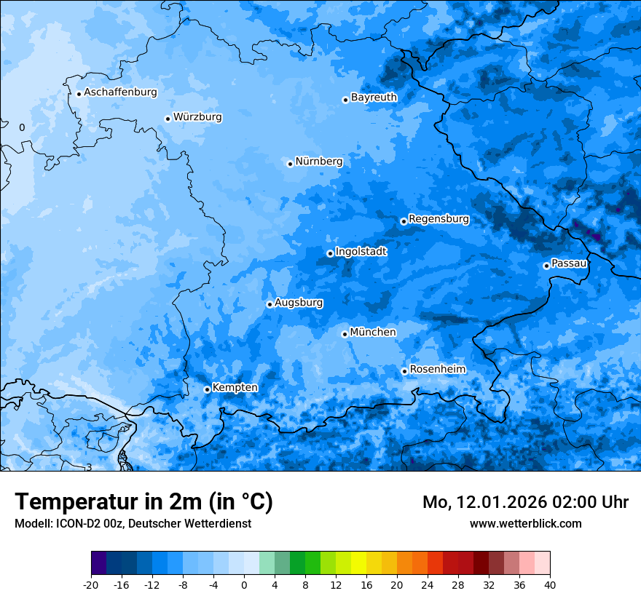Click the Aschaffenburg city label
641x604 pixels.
(120, 92)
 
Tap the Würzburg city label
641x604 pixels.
(197, 117)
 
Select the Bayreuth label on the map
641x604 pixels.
(374, 98)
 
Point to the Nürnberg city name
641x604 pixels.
(318, 162)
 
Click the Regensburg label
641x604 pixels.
(439, 219)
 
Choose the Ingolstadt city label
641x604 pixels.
(361, 252)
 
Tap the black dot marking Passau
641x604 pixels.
(546, 266)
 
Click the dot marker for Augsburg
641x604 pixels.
(270, 304)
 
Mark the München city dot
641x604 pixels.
(345, 334)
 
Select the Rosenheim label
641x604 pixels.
(437, 370)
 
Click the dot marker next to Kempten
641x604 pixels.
(207, 389)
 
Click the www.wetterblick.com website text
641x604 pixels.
(525, 523)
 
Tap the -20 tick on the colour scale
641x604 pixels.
(91, 585)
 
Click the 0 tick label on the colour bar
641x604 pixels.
(244, 585)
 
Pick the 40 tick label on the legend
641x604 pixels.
(550, 585)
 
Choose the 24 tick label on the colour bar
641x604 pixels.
(428, 585)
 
